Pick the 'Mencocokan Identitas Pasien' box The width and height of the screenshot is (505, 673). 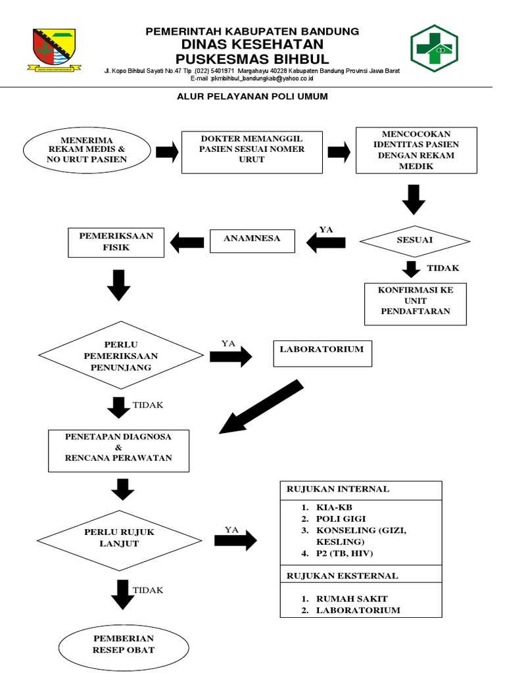click(x=416, y=150)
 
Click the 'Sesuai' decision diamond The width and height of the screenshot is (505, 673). click(x=415, y=240)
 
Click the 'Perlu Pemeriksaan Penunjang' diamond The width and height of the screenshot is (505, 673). click(x=120, y=356)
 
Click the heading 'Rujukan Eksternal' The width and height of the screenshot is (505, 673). click(x=341, y=576)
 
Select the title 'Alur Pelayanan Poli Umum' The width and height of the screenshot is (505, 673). click(x=252, y=96)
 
